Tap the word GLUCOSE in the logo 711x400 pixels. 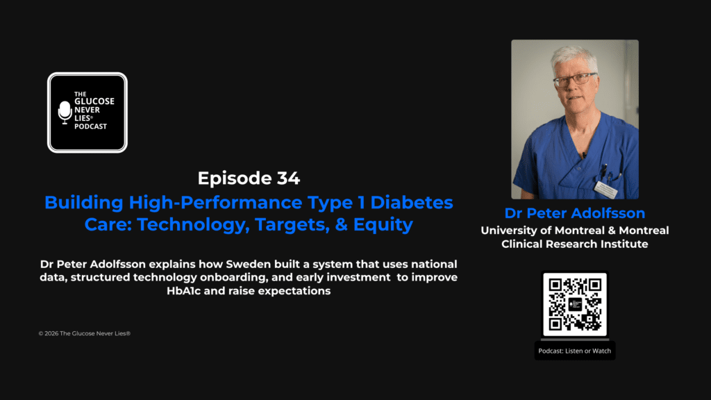[95, 101]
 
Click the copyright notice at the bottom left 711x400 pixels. [85, 333]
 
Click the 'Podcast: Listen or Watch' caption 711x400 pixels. [574, 351]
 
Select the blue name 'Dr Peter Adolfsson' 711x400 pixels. [574, 212]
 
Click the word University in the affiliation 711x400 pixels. [510, 230]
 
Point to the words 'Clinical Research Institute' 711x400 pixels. [575, 244]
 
